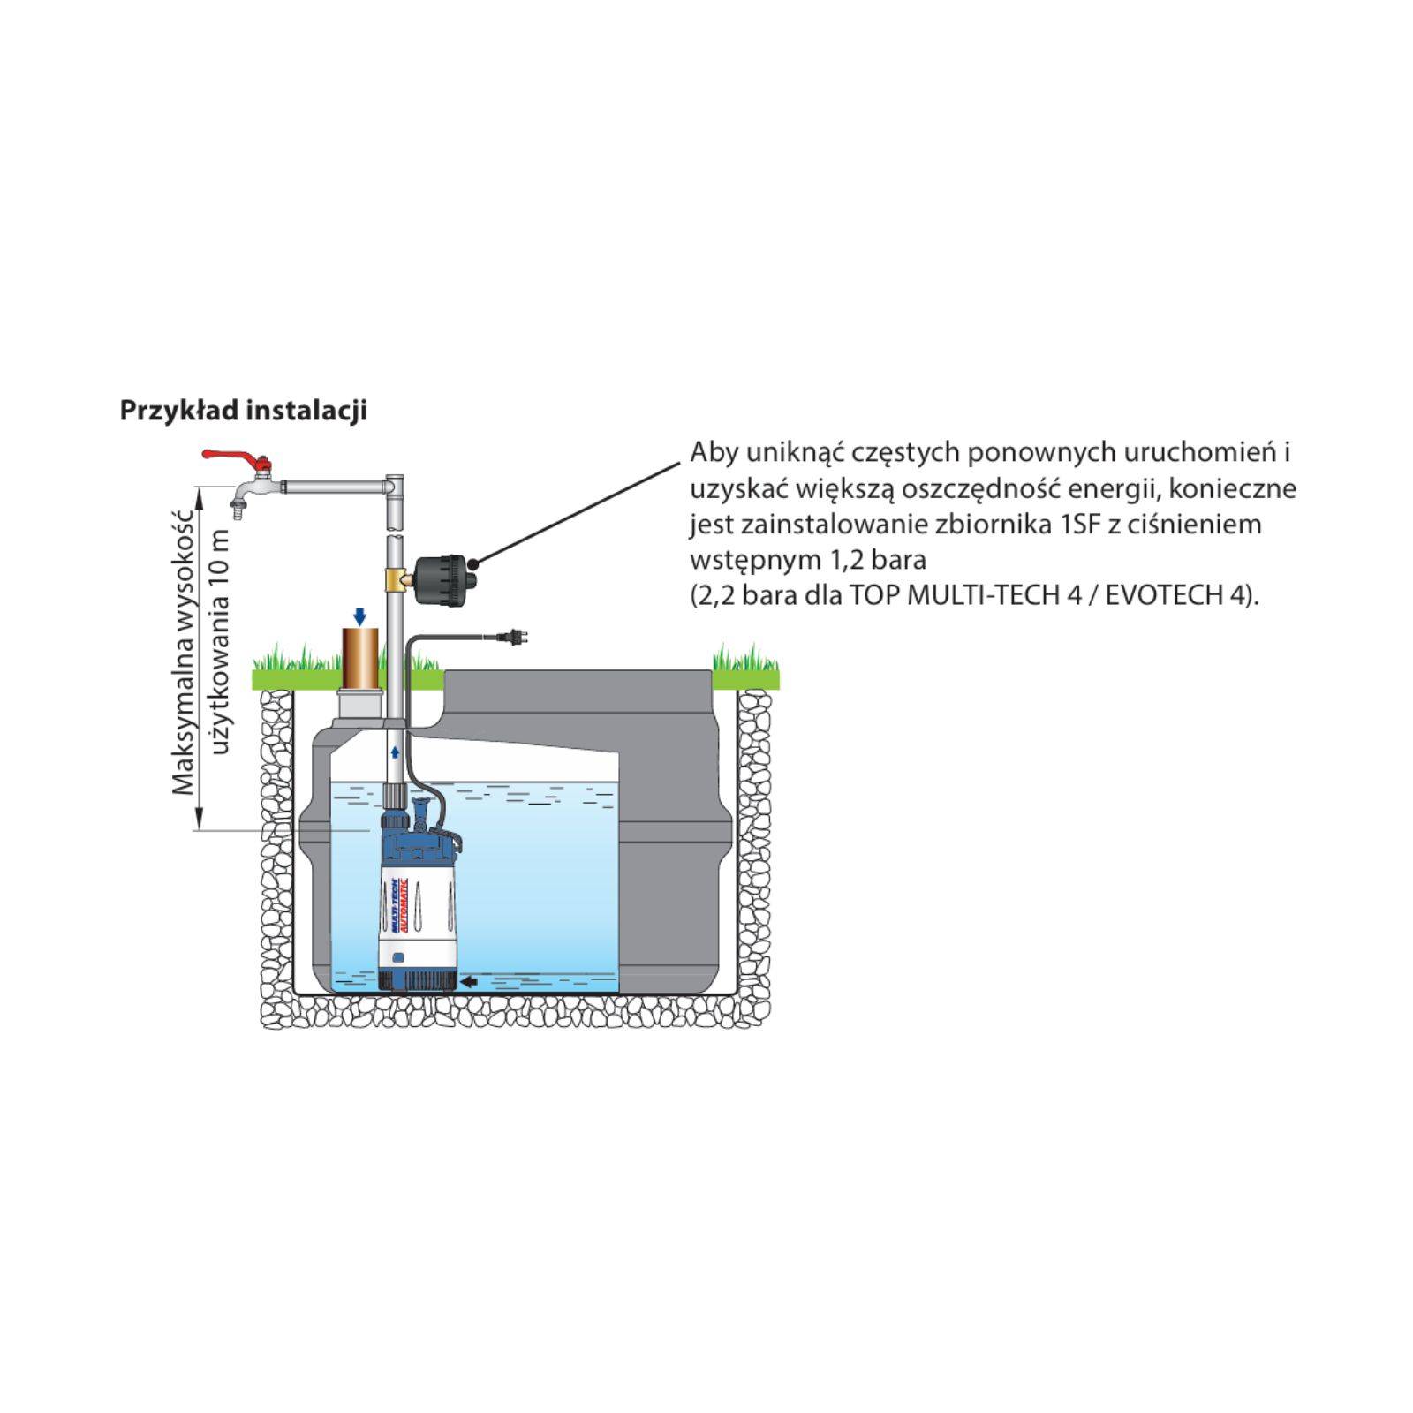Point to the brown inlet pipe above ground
point(359,658)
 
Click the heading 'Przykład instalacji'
point(243,411)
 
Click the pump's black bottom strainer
point(417,978)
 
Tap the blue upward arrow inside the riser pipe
point(396,752)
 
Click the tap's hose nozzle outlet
point(237,509)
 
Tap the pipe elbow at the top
point(395,486)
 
